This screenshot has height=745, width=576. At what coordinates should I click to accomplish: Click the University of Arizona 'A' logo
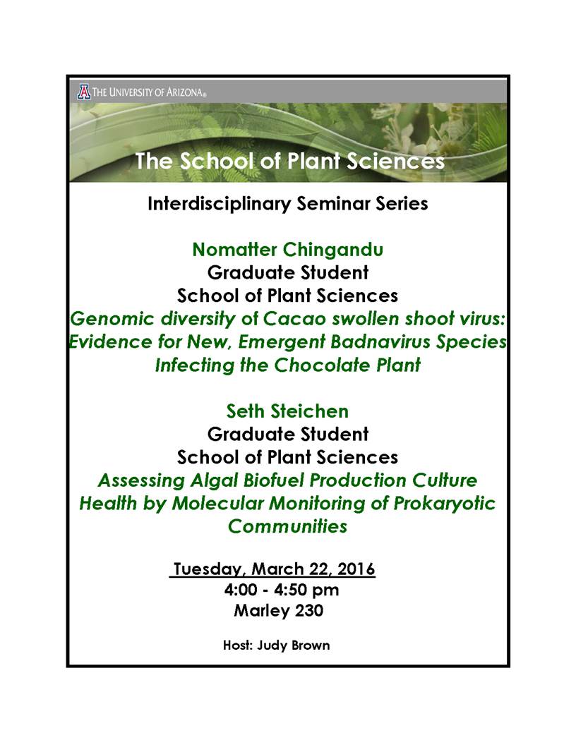[83, 92]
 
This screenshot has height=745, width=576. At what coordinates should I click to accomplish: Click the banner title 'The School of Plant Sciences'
[289, 161]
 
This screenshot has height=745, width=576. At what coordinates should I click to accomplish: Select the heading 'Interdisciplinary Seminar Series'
[287, 204]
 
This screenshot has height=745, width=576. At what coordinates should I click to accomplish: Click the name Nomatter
[235, 250]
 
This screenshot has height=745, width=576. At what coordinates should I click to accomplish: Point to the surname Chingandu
[333, 250]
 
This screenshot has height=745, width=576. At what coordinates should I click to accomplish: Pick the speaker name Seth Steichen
[287, 411]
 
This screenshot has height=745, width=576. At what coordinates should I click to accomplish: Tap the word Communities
[287, 526]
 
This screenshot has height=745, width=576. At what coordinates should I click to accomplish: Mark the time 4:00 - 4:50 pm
[282, 590]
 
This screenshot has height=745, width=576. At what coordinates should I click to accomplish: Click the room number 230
[309, 610]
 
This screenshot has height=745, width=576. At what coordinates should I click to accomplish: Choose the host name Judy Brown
[293, 646]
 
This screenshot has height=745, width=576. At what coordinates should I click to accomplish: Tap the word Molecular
[217, 504]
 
